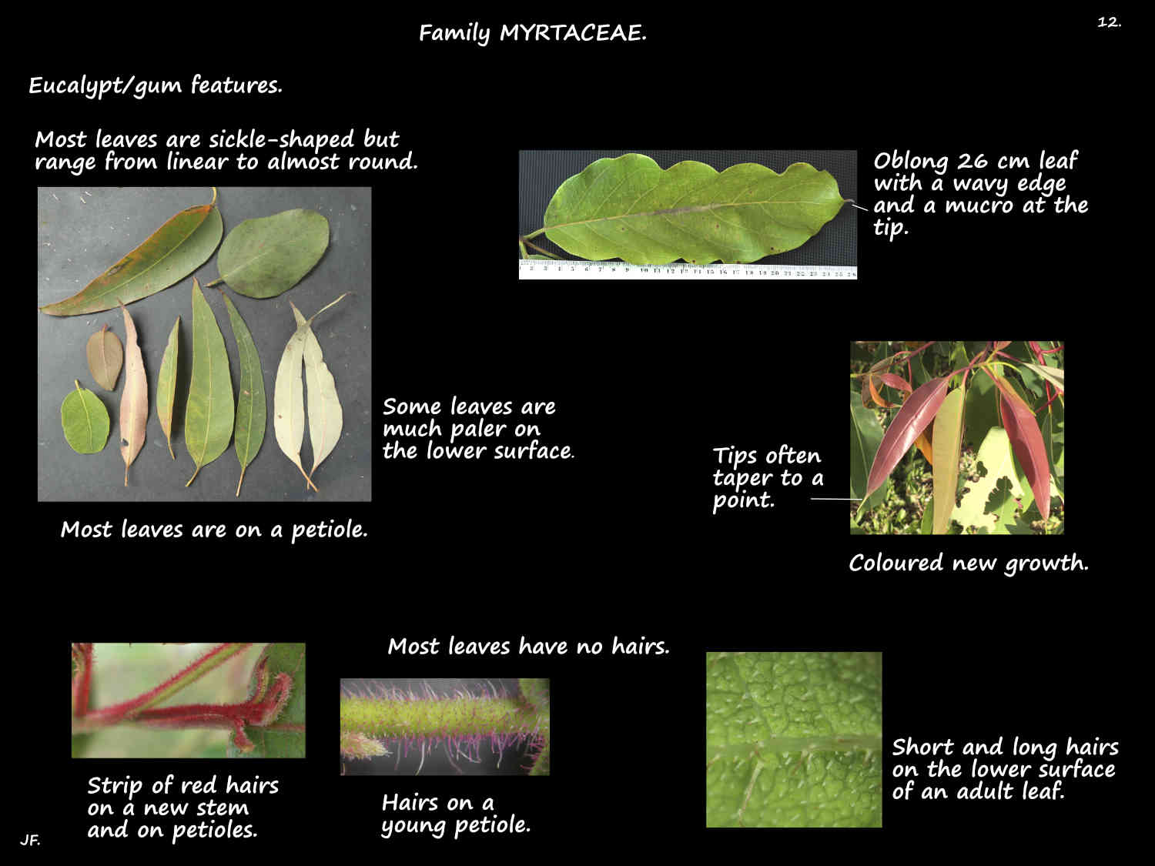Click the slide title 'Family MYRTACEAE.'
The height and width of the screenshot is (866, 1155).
(x=532, y=33)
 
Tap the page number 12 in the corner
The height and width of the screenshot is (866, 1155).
(x=1109, y=22)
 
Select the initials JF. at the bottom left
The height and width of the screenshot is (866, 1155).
(x=30, y=840)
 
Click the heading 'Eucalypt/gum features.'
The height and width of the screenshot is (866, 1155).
(x=156, y=85)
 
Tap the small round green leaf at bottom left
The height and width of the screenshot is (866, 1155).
(x=85, y=421)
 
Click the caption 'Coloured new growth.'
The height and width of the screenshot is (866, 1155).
(x=968, y=563)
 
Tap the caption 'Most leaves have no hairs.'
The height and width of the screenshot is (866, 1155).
(x=528, y=646)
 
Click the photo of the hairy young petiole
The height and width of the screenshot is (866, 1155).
(x=444, y=727)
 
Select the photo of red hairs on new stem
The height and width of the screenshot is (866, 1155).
(x=188, y=700)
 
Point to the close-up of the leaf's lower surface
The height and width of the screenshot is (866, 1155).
(x=793, y=739)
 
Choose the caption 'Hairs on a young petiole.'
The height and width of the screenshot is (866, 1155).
(x=456, y=814)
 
